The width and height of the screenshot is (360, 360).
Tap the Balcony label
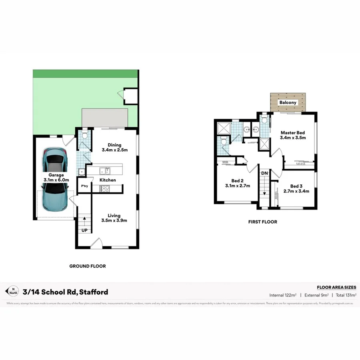pos(288,103)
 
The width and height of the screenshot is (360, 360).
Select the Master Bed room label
pos(292,135)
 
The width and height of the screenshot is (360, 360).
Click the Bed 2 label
pos(237,183)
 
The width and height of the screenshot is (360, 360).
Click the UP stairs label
pos(84,231)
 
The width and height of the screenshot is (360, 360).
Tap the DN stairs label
pos(264,173)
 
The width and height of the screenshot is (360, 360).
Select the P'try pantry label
pos(84,186)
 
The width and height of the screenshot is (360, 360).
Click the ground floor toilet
pos(84,136)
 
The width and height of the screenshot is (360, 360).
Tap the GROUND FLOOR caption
pos(88,266)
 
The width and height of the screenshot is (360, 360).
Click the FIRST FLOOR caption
pos(262,222)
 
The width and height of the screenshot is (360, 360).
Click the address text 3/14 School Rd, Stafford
pos(66,292)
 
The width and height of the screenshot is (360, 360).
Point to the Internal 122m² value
pos(283,295)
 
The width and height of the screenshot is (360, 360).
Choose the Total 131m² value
pos(346,295)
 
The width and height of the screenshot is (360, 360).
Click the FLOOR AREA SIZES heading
pos(336,287)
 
